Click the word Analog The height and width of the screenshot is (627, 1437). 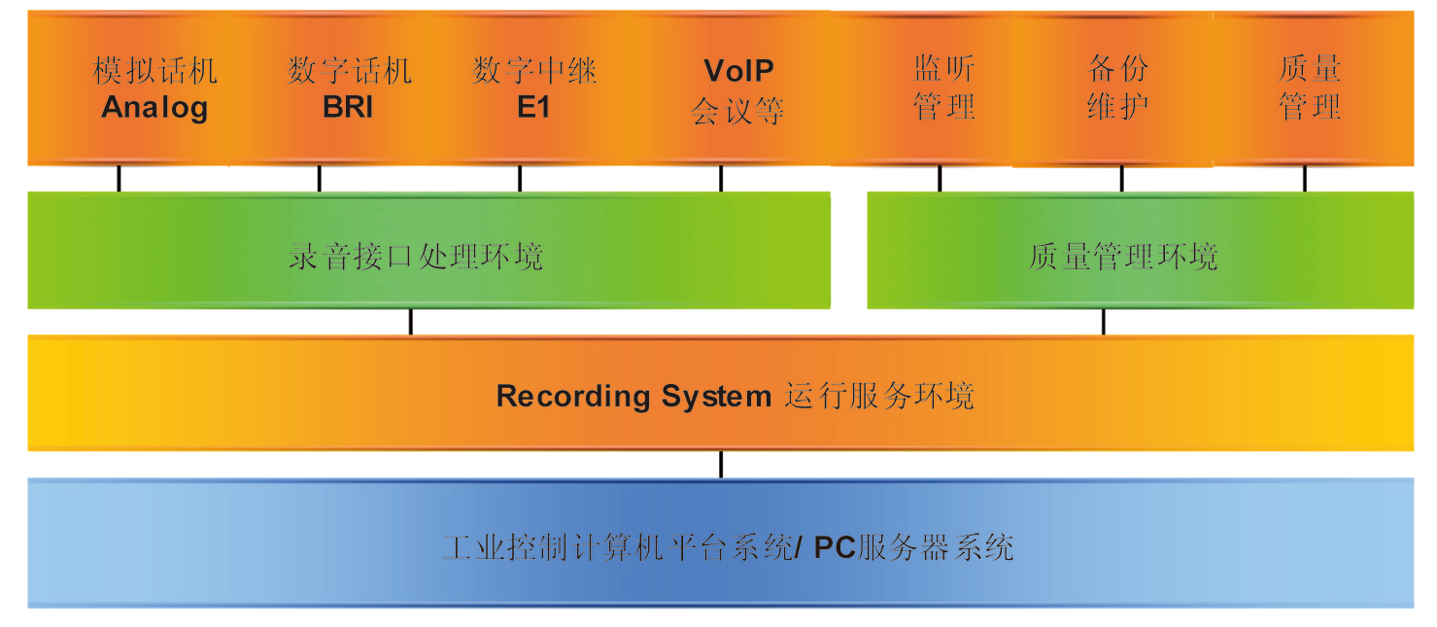(x=154, y=107)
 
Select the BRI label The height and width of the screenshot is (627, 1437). (x=348, y=107)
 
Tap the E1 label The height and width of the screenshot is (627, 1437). (x=533, y=107)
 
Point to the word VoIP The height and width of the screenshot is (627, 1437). (x=738, y=71)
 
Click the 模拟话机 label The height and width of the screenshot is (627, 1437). (x=154, y=71)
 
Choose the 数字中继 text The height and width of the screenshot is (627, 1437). (x=533, y=71)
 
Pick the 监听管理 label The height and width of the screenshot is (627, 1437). (x=943, y=87)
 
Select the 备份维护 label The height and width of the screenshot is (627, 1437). (x=1118, y=87)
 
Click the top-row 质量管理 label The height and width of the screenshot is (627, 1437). (x=1310, y=87)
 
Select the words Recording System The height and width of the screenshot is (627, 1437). (x=633, y=397)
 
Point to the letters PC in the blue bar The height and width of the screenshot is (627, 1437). (x=834, y=547)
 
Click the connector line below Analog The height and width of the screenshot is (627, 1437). (x=120, y=179)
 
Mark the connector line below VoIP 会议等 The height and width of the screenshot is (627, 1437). (x=721, y=179)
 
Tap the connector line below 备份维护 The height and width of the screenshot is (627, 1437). (x=1121, y=179)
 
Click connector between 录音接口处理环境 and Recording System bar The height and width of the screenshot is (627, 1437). (x=410, y=322)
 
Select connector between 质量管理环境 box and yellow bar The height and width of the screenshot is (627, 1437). (x=1103, y=322)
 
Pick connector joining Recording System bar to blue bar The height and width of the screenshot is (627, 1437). (x=721, y=465)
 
